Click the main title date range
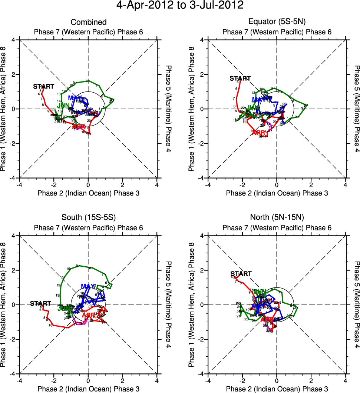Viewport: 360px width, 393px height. tap(180, 5)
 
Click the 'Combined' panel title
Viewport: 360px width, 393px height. tap(88, 22)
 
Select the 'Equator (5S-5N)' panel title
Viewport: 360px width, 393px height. tap(277, 22)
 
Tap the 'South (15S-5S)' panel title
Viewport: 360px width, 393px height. tap(88, 218)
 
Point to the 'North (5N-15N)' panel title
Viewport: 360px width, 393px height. tap(277, 218)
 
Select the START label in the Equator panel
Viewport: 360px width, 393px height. tap(240, 78)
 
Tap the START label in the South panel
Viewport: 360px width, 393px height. tap(40, 304)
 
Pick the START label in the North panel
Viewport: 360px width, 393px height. tap(241, 274)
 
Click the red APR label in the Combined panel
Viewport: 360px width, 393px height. tap(79, 127)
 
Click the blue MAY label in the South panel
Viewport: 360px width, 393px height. tap(88, 286)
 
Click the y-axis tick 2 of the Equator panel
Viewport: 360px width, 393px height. tap(203, 74)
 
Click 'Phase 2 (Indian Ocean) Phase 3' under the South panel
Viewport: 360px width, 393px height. tap(88, 389)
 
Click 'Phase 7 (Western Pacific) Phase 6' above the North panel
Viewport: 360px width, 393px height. tap(277, 228)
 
